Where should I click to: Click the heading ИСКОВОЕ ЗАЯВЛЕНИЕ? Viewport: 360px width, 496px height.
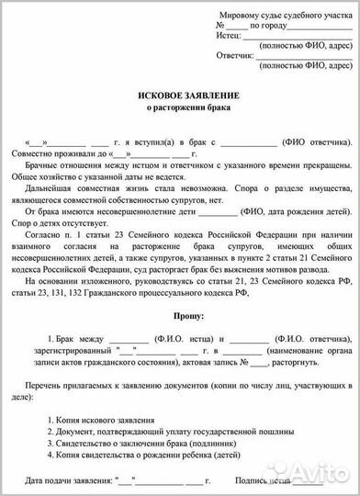180,95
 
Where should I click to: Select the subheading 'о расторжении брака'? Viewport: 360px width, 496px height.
180,109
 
